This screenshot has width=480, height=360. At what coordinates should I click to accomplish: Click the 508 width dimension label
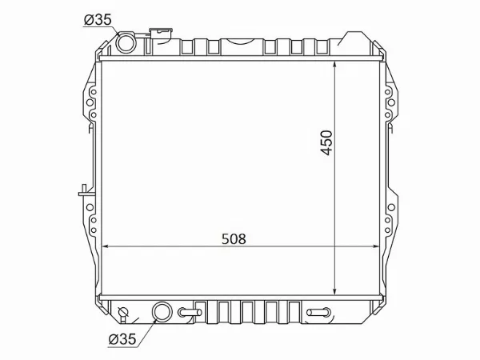234,238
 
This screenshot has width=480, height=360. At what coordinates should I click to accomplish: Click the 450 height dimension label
326,143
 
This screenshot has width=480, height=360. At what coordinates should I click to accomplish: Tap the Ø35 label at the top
98,20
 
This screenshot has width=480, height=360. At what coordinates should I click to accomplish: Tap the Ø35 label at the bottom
122,339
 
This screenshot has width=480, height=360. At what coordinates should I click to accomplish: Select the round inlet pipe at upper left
126,42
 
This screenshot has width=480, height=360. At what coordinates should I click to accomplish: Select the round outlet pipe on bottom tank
162,312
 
